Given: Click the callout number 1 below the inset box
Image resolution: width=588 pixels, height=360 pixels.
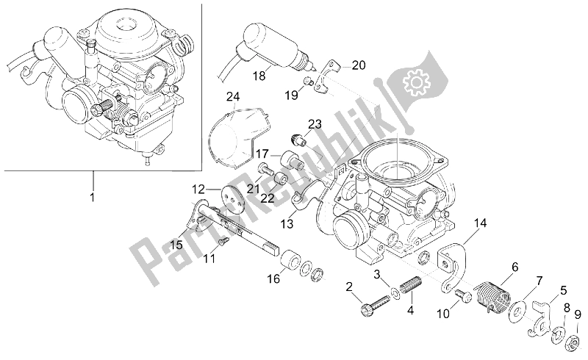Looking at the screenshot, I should pyautogui.click(x=93, y=197).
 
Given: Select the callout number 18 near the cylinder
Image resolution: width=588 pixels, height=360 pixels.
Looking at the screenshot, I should pyautogui.click(x=259, y=76).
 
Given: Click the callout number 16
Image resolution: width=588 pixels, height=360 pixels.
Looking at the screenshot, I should pyautogui.click(x=273, y=280).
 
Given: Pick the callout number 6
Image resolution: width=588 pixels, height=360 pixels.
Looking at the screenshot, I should pyautogui.click(x=514, y=267).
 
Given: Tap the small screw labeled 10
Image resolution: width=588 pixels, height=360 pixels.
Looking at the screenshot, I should pyautogui.click(x=463, y=295).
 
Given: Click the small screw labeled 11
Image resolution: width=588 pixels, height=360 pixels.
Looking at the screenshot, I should pyautogui.click(x=223, y=240).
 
